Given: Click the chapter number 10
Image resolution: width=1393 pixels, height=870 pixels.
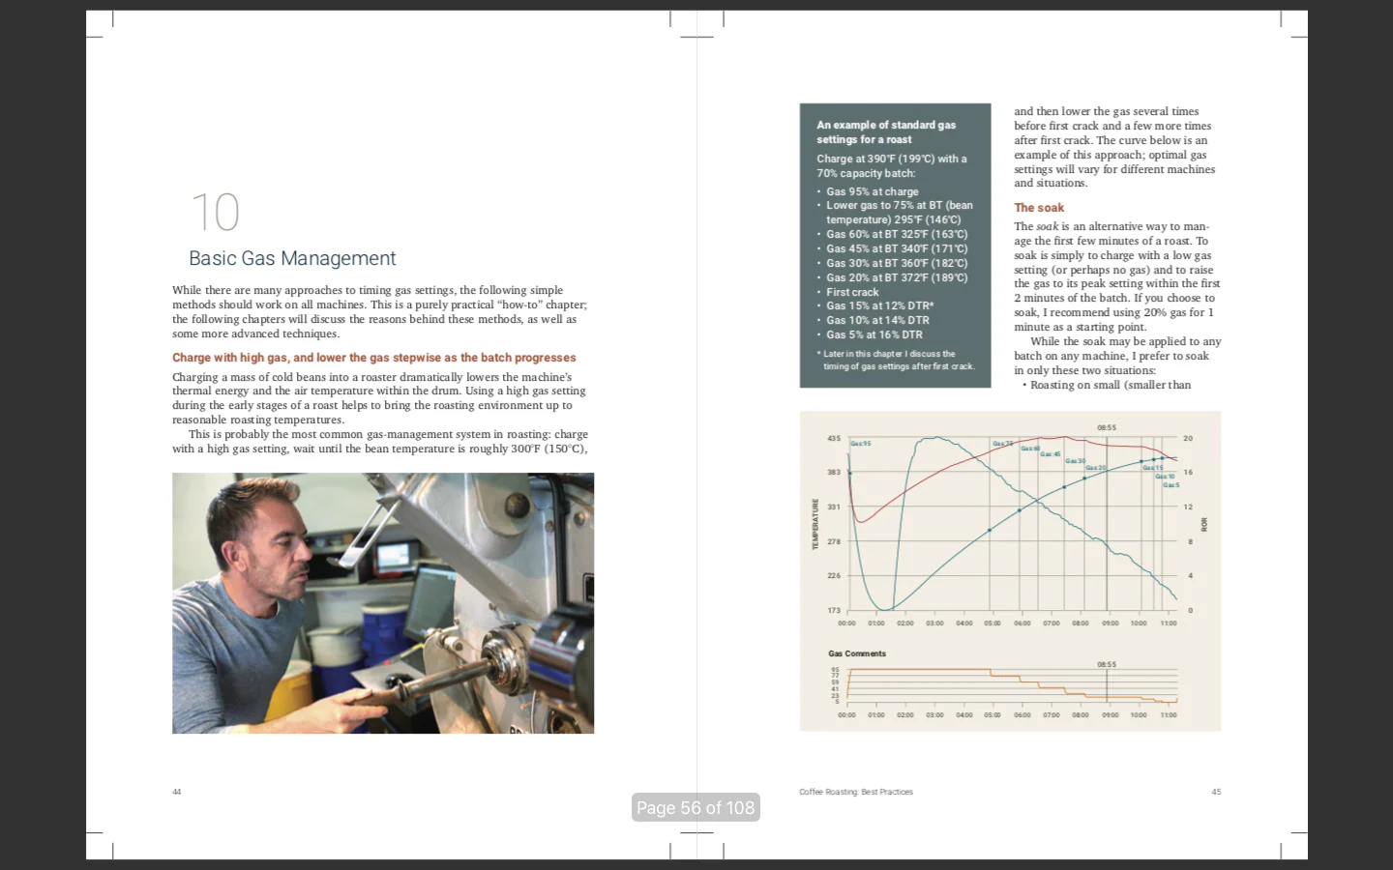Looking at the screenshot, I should [215, 213].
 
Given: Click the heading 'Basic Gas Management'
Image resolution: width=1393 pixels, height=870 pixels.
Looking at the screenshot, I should [292, 258].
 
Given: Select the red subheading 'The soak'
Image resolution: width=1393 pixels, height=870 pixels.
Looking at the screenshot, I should [1039, 208].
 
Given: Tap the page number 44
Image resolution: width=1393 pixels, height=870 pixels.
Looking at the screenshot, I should [177, 792].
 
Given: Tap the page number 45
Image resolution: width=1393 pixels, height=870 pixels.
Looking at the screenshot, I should [1216, 792].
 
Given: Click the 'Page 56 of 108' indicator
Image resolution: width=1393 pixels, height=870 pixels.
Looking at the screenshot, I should [696, 807].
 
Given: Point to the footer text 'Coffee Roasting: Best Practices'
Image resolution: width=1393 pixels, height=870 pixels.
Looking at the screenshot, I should [856, 792].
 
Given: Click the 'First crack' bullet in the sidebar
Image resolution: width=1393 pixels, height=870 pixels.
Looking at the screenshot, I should [852, 292].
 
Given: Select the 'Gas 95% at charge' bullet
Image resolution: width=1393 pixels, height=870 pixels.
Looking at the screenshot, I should [872, 191].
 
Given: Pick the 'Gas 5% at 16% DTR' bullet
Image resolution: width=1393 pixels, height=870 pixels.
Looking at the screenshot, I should [874, 334].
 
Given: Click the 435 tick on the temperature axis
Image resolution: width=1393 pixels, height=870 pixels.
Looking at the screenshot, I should [834, 439].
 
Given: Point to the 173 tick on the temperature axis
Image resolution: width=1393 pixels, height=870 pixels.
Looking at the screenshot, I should [834, 610].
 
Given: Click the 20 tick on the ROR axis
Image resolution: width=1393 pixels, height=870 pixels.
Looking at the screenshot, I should [1188, 439].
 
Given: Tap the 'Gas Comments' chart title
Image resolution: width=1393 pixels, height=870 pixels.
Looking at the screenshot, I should [857, 653].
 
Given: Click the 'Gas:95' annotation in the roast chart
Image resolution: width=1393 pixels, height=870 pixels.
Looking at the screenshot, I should [861, 444].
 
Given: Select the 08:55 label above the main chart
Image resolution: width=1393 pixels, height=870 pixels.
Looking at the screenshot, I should [1107, 427].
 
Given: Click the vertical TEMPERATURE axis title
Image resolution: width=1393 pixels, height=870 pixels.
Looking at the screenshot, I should [815, 524].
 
